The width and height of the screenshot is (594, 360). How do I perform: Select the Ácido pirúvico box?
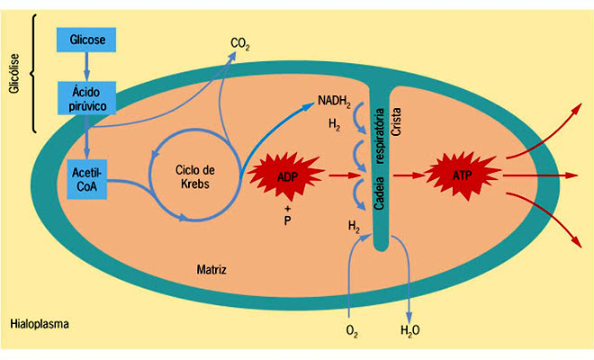click(x=86, y=97)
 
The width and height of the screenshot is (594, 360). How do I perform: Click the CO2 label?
click(x=240, y=42)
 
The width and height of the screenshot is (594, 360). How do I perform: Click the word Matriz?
click(x=212, y=269)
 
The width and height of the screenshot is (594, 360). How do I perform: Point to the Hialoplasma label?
click(x=40, y=322)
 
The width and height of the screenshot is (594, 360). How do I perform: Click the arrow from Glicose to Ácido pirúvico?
click(x=86, y=65)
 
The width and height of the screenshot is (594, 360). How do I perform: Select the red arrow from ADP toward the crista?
click(x=337, y=175)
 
